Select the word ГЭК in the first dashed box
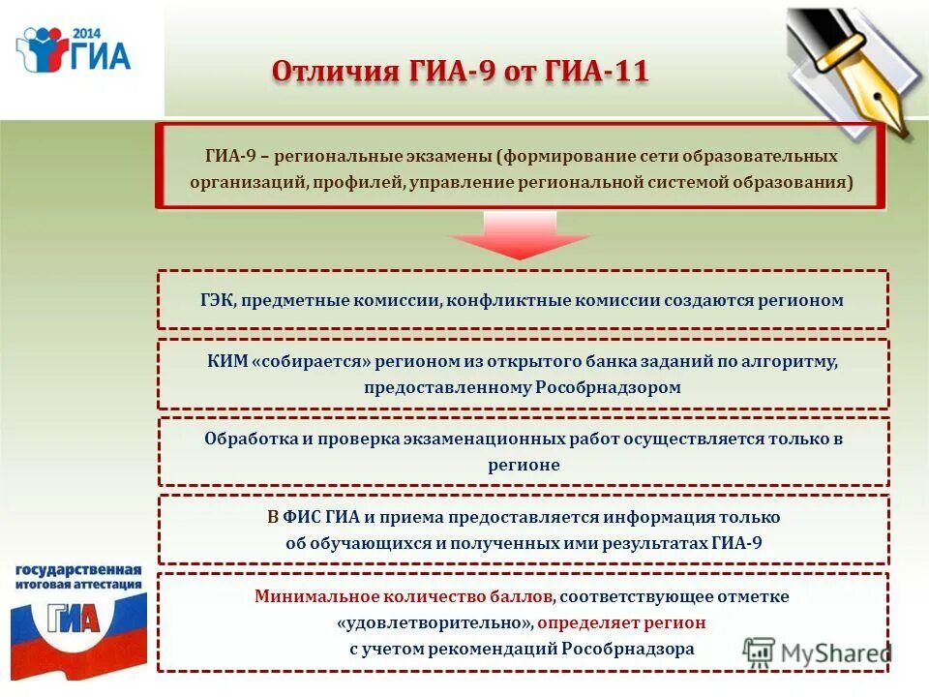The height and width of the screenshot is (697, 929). (218, 300)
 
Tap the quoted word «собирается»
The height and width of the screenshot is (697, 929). (305, 361)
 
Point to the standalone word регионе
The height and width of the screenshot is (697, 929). (524, 465)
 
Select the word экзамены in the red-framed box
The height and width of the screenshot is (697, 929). (444, 155)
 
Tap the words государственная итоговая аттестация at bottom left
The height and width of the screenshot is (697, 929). (77, 577)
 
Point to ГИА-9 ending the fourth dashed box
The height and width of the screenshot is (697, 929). (736, 543)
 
